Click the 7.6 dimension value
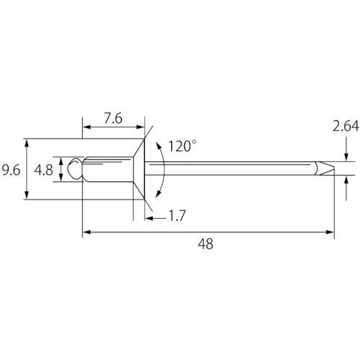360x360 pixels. [113, 119]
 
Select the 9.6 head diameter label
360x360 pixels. [11, 170]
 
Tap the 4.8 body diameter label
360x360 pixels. [43, 170]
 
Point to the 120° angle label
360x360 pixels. [182, 146]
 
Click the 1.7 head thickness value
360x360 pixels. [177, 216]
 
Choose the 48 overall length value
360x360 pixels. [205, 244]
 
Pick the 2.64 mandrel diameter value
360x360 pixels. [346, 127]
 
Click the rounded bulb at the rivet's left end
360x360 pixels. [75, 168]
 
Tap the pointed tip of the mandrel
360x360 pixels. [333, 168]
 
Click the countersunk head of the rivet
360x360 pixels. [139, 169]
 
